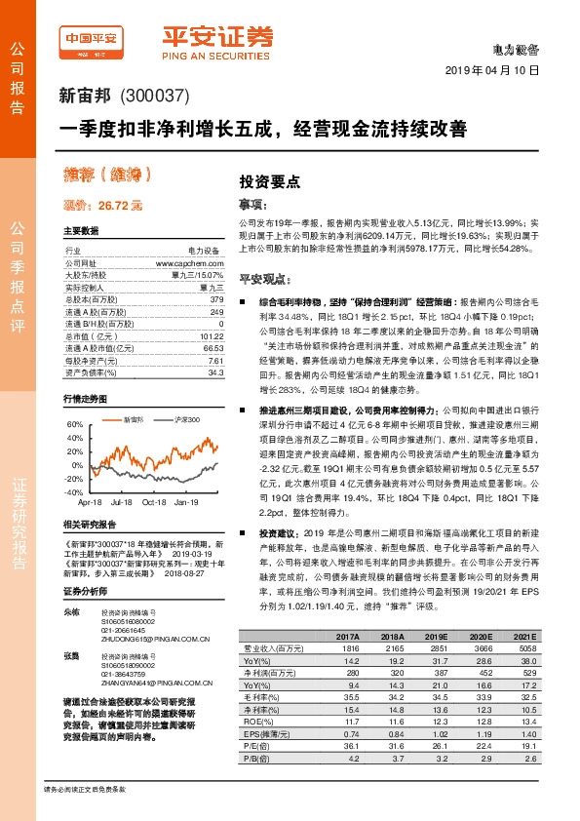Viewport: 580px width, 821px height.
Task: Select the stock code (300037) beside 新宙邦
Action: (146, 98)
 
